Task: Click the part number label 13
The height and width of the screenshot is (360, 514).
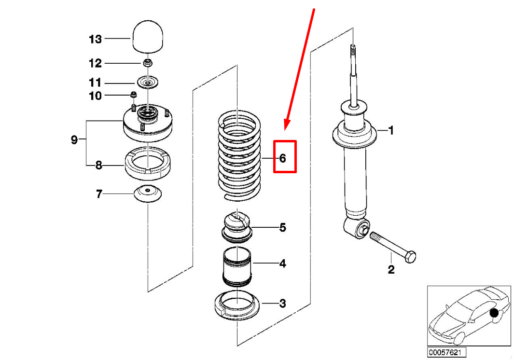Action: pos(96,40)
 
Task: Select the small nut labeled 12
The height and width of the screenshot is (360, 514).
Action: pos(148,62)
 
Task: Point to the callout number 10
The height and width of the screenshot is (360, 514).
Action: pos(96,96)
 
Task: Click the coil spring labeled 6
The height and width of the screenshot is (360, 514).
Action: pos(239,156)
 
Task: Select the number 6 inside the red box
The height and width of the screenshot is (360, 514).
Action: pos(282,158)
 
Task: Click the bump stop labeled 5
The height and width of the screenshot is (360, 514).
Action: pos(236,228)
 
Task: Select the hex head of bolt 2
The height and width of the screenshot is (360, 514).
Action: pos(410,256)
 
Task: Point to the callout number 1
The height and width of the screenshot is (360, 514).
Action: pos(390,130)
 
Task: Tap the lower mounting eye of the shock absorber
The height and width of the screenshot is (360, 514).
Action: pos(357,228)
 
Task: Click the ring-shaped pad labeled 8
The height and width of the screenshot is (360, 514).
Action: pos(148,164)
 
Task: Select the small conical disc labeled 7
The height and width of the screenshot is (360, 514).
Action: pos(148,194)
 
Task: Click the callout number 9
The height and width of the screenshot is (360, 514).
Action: pos(74,140)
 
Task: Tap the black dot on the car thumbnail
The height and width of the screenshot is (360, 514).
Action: pos(494,313)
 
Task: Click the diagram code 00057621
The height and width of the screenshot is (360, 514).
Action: pos(446,352)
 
